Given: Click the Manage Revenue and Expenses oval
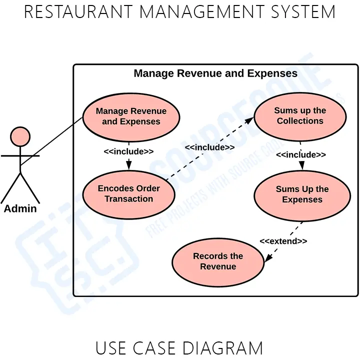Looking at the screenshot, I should pyautogui.click(x=131, y=116).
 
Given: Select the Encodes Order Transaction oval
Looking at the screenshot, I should pyautogui.click(x=129, y=194).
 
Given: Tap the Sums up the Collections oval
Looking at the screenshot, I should pyautogui.click(x=300, y=116).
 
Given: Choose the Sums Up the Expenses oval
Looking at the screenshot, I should pyautogui.click(x=302, y=194).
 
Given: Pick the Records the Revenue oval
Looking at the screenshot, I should pyautogui.click(x=218, y=261).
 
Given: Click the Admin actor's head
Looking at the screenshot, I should pyautogui.click(x=20, y=136).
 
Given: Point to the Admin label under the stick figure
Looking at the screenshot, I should pyautogui.click(x=20, y=209).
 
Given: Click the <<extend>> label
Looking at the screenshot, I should pyautogui.click(x=283, y=241).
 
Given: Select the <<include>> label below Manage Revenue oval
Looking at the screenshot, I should pyautogui.click(x=128, y=151).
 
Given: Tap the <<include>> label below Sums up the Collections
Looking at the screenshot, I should pyautogui.click(x=301, y=155).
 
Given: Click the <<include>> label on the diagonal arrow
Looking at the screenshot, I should pyautogui.click(x=209, y=147).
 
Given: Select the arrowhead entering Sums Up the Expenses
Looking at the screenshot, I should pyautogui.click(x=301, y=166).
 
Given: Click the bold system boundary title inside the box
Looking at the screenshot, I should pyautogui.click(x=215, y=74).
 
